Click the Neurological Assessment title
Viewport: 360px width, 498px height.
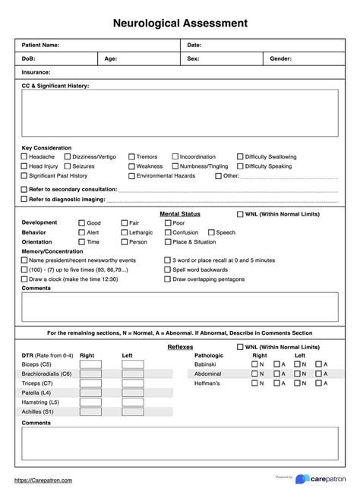pos(180,24)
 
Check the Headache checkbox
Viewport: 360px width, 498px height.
pos(24,157)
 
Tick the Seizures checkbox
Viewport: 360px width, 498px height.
pos(68,166)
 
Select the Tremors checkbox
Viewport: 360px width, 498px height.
pos(131,157)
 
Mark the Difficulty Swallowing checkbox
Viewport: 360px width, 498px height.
pos(240,157)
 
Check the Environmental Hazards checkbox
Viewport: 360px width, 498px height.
pos(131,175)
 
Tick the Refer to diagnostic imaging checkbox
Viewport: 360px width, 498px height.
pos(24,199)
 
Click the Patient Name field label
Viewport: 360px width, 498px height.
pos(40,46)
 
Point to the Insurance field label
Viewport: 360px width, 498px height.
pos(36,71)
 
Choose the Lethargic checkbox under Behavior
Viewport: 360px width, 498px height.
pos(124,232)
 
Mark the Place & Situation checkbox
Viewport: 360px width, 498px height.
pos(168,241)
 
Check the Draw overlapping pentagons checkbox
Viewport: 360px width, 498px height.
pos(168,279)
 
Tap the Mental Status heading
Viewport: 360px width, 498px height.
pos(180,214)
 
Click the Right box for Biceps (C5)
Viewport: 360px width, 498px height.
pos(90,364)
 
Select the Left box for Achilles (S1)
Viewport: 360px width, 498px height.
pos(132,411)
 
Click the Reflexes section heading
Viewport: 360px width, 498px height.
pos(180,346)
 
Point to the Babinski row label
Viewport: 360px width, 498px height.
pos(206,364)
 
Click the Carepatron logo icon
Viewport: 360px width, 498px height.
pos(302,480)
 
